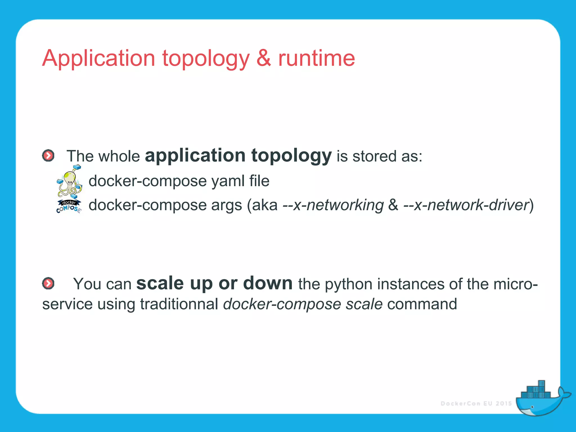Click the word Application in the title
click(98, 58)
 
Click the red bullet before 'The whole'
click(48, 156)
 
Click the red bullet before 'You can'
click(48, 283)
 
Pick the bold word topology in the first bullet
click(291, 156)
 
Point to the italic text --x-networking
click(333, 205)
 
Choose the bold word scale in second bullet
click(160, 283)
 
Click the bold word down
click(268, 283)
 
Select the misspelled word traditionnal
click(179, 304)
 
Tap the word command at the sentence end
click(422, 304)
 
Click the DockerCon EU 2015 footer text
click(476, 404)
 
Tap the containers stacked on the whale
click(536, 391)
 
